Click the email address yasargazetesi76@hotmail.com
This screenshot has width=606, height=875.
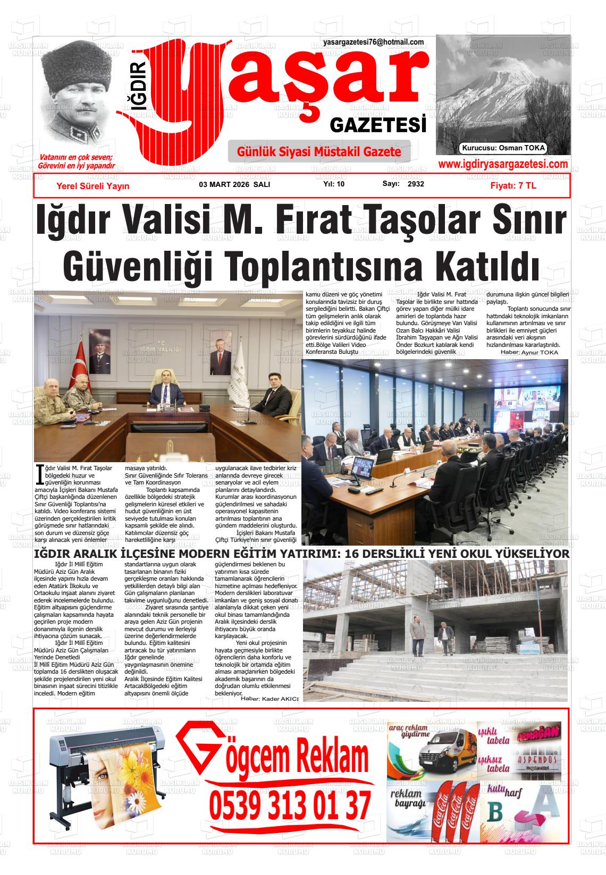tap(373, 42)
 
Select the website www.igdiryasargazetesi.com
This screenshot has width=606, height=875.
tap(502, 165)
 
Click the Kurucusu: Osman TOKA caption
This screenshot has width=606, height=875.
tap(503, 148)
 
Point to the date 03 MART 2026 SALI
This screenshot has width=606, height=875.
tap(234, 184)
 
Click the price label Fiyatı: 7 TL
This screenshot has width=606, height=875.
tap(513, 185)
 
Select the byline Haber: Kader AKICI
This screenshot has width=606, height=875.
tap(270, 699)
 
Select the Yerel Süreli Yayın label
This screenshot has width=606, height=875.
tap(92, 186)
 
